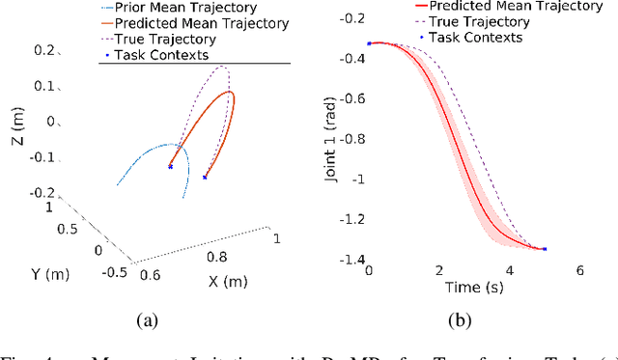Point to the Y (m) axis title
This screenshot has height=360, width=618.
click(35, 274)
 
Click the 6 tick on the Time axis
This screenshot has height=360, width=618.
click(580, 270)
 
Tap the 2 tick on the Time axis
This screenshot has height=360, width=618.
click(439, 270)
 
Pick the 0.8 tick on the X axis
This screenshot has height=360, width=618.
click(218, 258)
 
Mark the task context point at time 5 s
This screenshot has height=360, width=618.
click(545, 249)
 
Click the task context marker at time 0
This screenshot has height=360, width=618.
click(369, 43)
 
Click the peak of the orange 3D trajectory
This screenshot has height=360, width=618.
click(230, 93)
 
